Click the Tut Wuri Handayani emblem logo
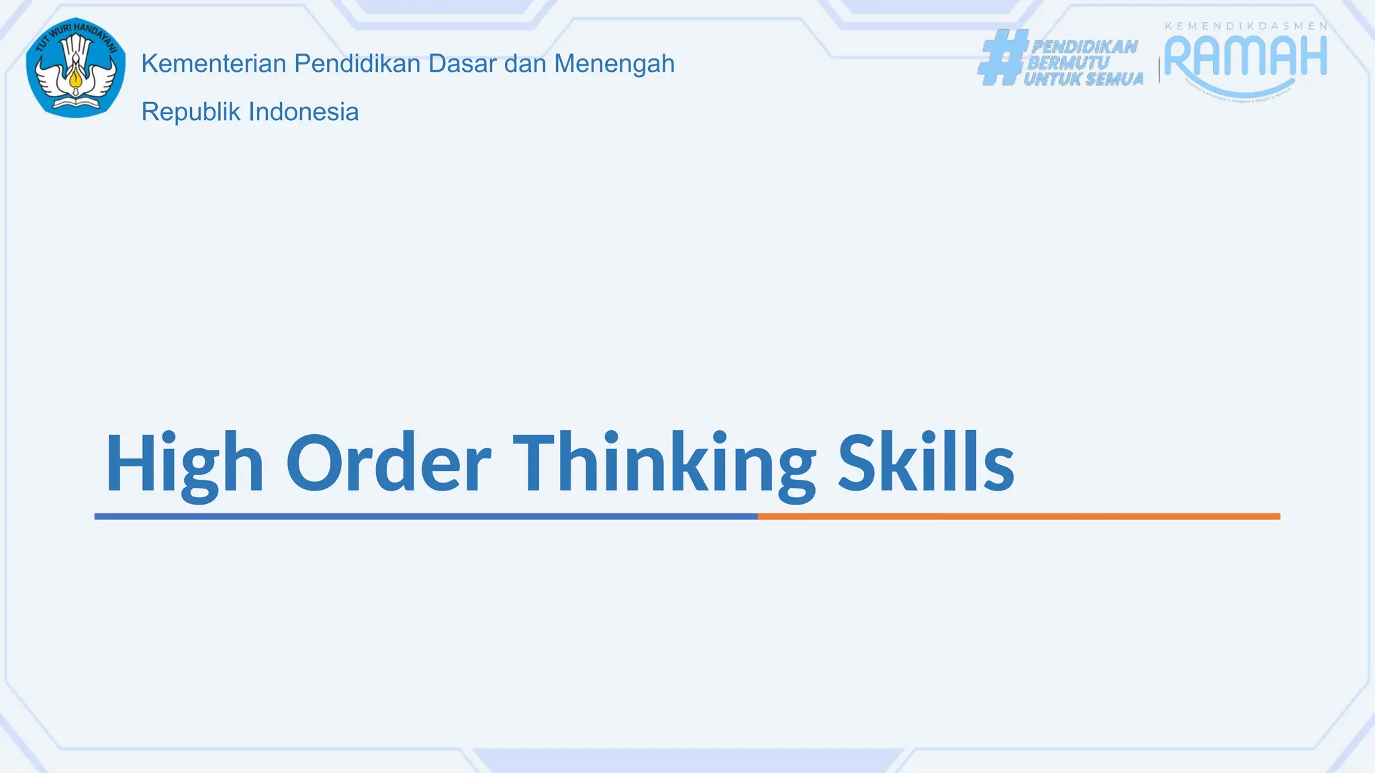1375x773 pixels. pos(76,68)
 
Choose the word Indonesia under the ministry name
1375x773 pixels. pos(303,112)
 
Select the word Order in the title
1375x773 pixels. pos(388,463)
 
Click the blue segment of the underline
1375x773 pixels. pos(426,517)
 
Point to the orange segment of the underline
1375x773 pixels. pos(1018,517)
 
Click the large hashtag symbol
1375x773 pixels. pos(1002,58)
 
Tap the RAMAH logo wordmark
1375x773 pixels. pos(1245,56)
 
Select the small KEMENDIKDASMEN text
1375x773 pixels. pos(1245,26)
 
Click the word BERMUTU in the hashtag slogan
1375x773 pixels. pos(1068,63)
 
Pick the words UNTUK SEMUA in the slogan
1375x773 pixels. pos(1083,79)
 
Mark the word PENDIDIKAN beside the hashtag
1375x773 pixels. pos(1084,46)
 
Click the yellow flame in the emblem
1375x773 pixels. pos(75,81)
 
